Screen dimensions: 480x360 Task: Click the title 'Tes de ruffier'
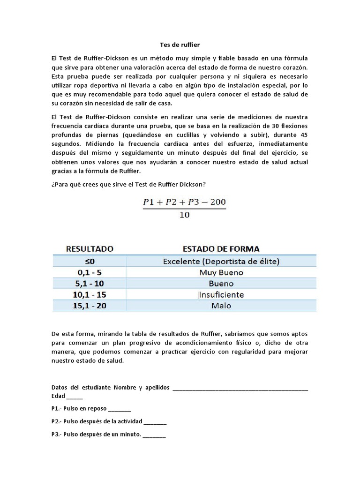(180, 45)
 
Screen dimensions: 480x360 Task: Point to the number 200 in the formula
(215, 202)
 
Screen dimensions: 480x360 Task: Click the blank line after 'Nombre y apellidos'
(240, 388)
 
